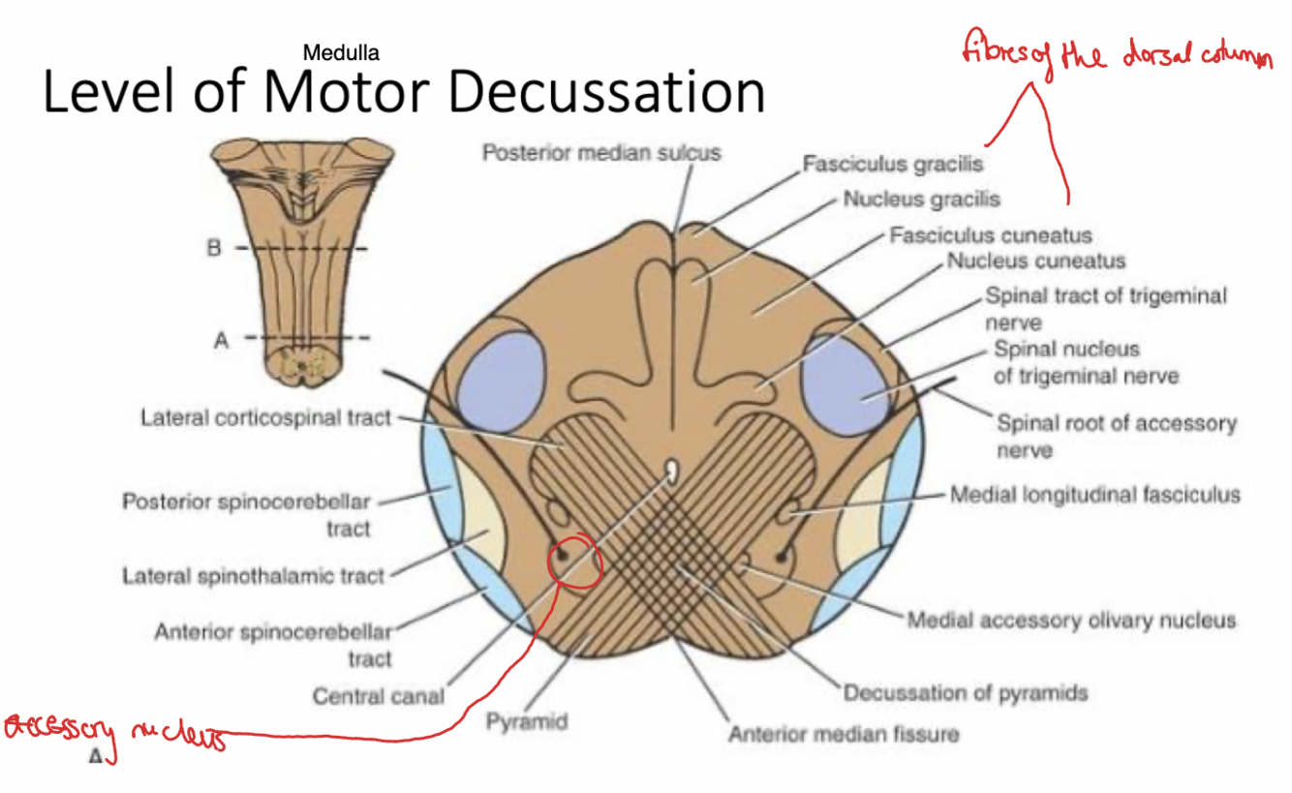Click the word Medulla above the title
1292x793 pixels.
coord(341,52)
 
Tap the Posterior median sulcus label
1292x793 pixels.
coord(601,153)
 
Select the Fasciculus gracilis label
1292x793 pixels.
coord(892,164)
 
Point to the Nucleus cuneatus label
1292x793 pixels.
coord(1035,260)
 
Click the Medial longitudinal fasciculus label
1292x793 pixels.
coord(1094,495)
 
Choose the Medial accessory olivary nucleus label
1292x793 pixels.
coord(1070,619)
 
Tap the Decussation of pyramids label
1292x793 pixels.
coord(965,692)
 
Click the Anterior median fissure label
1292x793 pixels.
coord(844,733)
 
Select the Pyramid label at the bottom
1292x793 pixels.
coord(527,722)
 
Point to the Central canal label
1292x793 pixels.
coord(379,695)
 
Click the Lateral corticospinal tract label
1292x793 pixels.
coord(265,417)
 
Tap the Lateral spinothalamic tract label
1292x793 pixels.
coord(253,576)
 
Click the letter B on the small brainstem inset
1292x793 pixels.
coord(213,248)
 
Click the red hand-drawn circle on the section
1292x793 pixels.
coord(574,559)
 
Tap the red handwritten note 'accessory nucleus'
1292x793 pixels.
coord(114,732)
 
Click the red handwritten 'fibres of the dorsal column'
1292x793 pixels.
coord(1115,53)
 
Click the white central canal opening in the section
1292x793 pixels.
coord(670,471)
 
